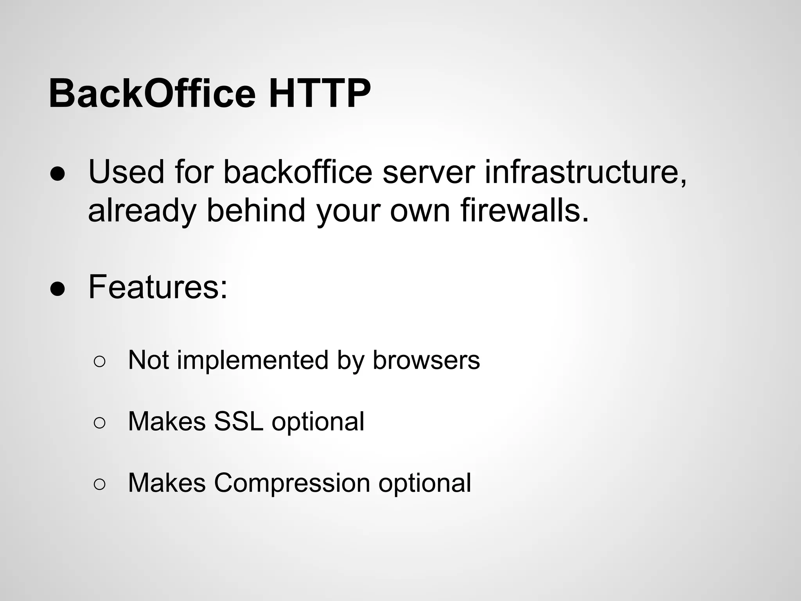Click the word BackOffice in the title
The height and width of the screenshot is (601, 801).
(152, 94)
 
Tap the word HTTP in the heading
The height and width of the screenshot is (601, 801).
(319, 94)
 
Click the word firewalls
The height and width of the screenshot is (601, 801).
(524, 210)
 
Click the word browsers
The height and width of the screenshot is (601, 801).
(426, 360)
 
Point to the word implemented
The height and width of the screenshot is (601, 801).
(253, 360)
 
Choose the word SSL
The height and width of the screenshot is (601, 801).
(238, 421)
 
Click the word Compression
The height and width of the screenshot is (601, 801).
(292, 483)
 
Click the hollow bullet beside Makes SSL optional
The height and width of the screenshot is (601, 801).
(99, 424)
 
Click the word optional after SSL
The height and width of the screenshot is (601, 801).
(318, 422)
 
